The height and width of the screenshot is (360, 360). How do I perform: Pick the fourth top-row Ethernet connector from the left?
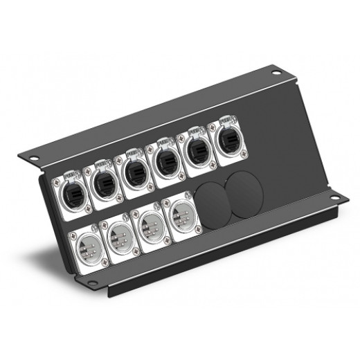pos(165,160)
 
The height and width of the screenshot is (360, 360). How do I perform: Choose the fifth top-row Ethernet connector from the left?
pos(196,150)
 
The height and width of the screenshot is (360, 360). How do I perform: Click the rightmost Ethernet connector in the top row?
pos(226,139)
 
